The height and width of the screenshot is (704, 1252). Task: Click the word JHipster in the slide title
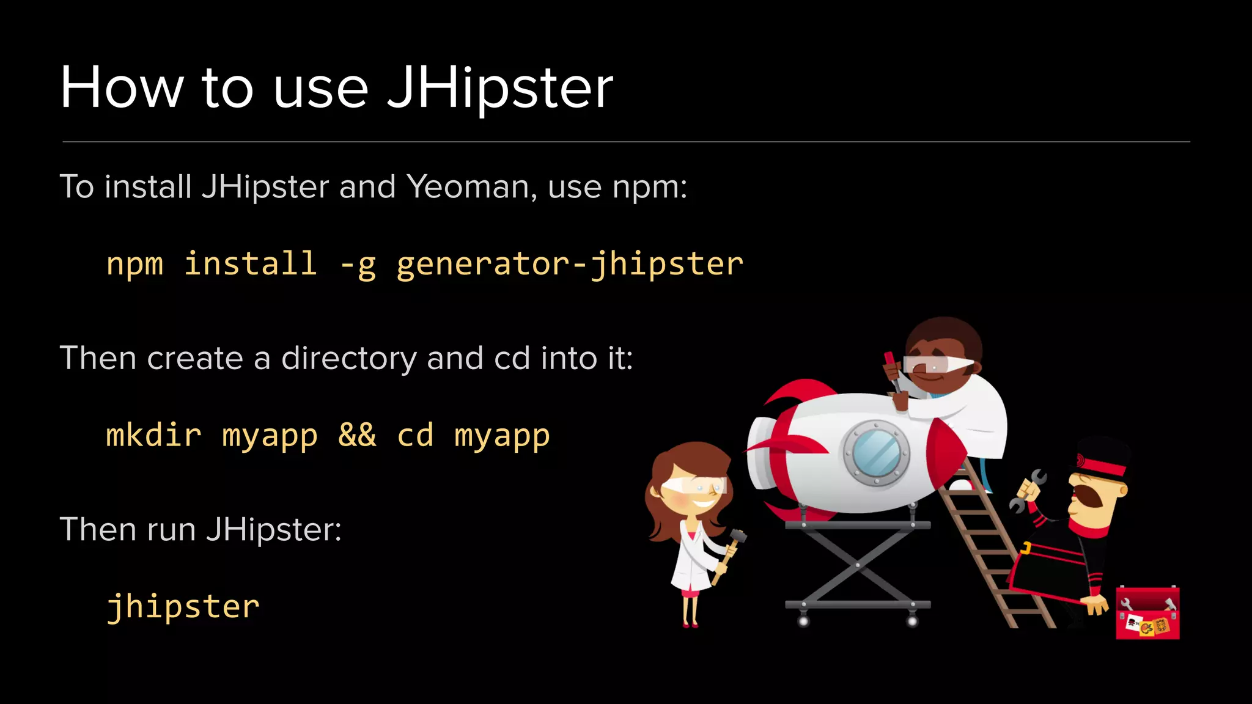point(499,89)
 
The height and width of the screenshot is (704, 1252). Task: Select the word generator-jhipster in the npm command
point(569,264)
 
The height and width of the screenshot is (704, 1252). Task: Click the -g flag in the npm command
point(358,265)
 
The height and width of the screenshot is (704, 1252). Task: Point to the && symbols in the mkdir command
point(357,435)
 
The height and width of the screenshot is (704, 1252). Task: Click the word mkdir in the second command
point(153,435)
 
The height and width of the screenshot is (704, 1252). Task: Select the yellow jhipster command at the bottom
point(183,607)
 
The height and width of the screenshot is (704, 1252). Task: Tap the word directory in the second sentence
point(348,358)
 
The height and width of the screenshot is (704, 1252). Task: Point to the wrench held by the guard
point(1029,489)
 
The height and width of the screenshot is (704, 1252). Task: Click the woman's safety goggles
point(694,486)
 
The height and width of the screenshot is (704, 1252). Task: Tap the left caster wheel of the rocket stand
point(803,621)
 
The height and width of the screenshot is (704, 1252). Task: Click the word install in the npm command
point(251,264)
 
